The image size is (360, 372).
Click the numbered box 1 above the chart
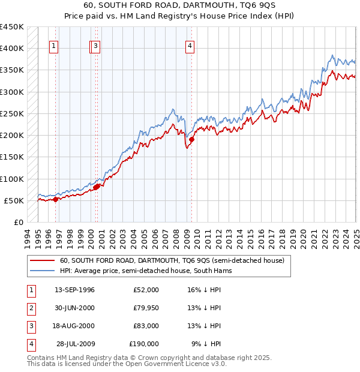pyautogui.click(x=53, y=46)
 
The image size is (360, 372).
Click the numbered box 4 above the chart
pyautogui.click(x=190, y=46)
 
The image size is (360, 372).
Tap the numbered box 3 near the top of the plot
pyautogui.click(x=96, y=46)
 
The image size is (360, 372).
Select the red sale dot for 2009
pyautogui.click(x=192, y=140)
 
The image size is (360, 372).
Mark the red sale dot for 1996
pyautogui.click(x=56, y=199)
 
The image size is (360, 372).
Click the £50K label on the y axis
pyautogui.click(x=14, y=200)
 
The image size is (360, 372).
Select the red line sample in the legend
pyautogui.click(x=41, y=261)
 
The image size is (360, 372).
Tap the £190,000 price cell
pyautogui.click(x=143, y=344)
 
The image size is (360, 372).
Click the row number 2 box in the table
pyautogui.click(x=31, y=308)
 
